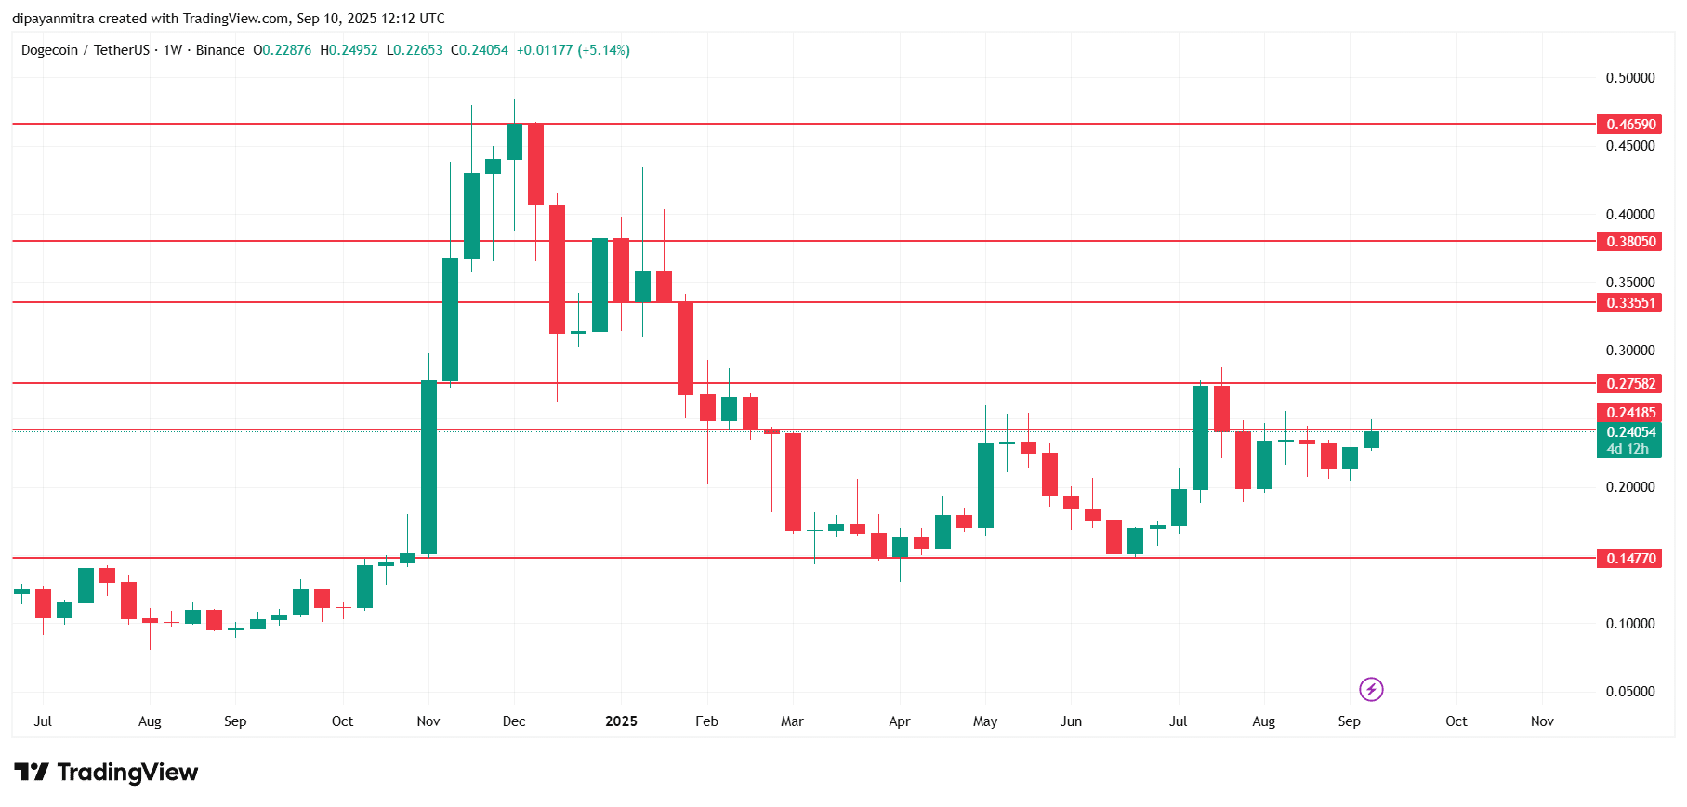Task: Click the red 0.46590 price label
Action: point(1630,125)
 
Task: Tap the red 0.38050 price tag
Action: point(1630,242)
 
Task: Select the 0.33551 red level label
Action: point(1630,303)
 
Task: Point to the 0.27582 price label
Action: point(1630,384)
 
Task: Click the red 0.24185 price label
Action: point(1630,413)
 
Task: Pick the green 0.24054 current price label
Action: point(1630,432)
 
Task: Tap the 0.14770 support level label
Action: point(1630,559)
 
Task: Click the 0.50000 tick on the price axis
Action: point(1629,78)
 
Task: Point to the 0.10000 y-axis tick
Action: point(1629,624)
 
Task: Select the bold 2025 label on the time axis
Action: point(621,721)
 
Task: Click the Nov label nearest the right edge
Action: point(1542,721)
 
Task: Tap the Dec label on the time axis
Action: point(514,721)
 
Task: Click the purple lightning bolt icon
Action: point(1371,689)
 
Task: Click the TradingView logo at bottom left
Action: point(106,773)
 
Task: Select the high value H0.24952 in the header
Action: point(349,50)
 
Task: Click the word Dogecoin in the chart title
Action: point(49,50)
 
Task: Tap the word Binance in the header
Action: point(220,50)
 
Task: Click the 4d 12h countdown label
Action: point(1628,449)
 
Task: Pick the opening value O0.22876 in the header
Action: point(283,50)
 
